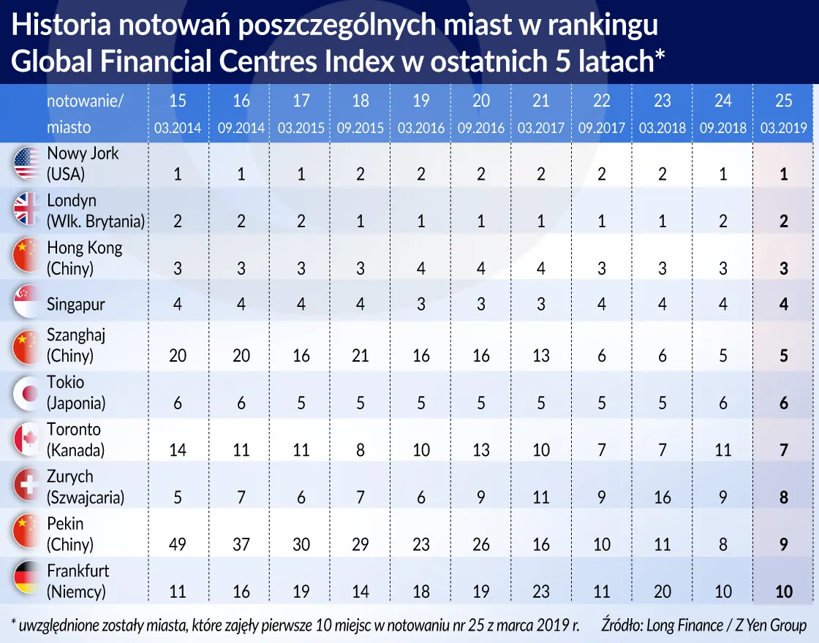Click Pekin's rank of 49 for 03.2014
[x=178, y=545]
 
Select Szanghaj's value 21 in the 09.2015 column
[x=361, y=357]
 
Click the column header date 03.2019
[x=783, y=128]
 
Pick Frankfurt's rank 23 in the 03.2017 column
[x=541, y=592]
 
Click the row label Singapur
[x=77, y=303]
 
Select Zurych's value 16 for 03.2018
[x=663, y=498]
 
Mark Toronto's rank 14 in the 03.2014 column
[x=178, y=451]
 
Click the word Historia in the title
[x=61, y=26]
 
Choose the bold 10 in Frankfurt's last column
[x=783, y=592]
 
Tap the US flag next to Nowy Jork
[x=27, y=164]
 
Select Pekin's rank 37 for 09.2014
[x=241, y=545]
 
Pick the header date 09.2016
[x=481, y=128]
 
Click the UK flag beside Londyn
[x=27, y=210]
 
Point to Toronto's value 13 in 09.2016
[x=481, y=451]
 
